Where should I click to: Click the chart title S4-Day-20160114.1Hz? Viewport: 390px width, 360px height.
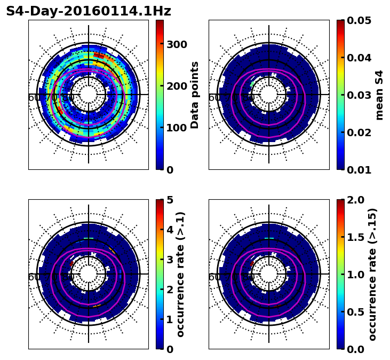tap(89, 11)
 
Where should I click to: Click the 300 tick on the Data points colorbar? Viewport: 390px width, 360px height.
tap(177, 44)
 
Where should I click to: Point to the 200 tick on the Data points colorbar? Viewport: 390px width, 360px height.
tap(177, 86)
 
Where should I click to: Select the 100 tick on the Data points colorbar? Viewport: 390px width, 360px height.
tap(177, 128)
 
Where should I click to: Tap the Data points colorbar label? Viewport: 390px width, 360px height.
tap(195, 95)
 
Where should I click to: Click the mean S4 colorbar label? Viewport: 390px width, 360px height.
tap(379, 95)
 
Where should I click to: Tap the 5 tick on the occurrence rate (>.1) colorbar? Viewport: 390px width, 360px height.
tap(169, 200)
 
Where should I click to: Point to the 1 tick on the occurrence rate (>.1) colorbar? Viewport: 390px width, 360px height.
tap(169, 319)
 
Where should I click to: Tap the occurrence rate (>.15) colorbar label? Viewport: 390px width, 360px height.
tap(372, 274)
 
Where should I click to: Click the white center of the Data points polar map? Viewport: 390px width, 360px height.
tap(89, 95)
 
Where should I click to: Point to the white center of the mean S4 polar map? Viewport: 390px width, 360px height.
tap(269, 95)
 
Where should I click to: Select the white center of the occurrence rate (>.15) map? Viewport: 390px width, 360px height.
tap(269, 274)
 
